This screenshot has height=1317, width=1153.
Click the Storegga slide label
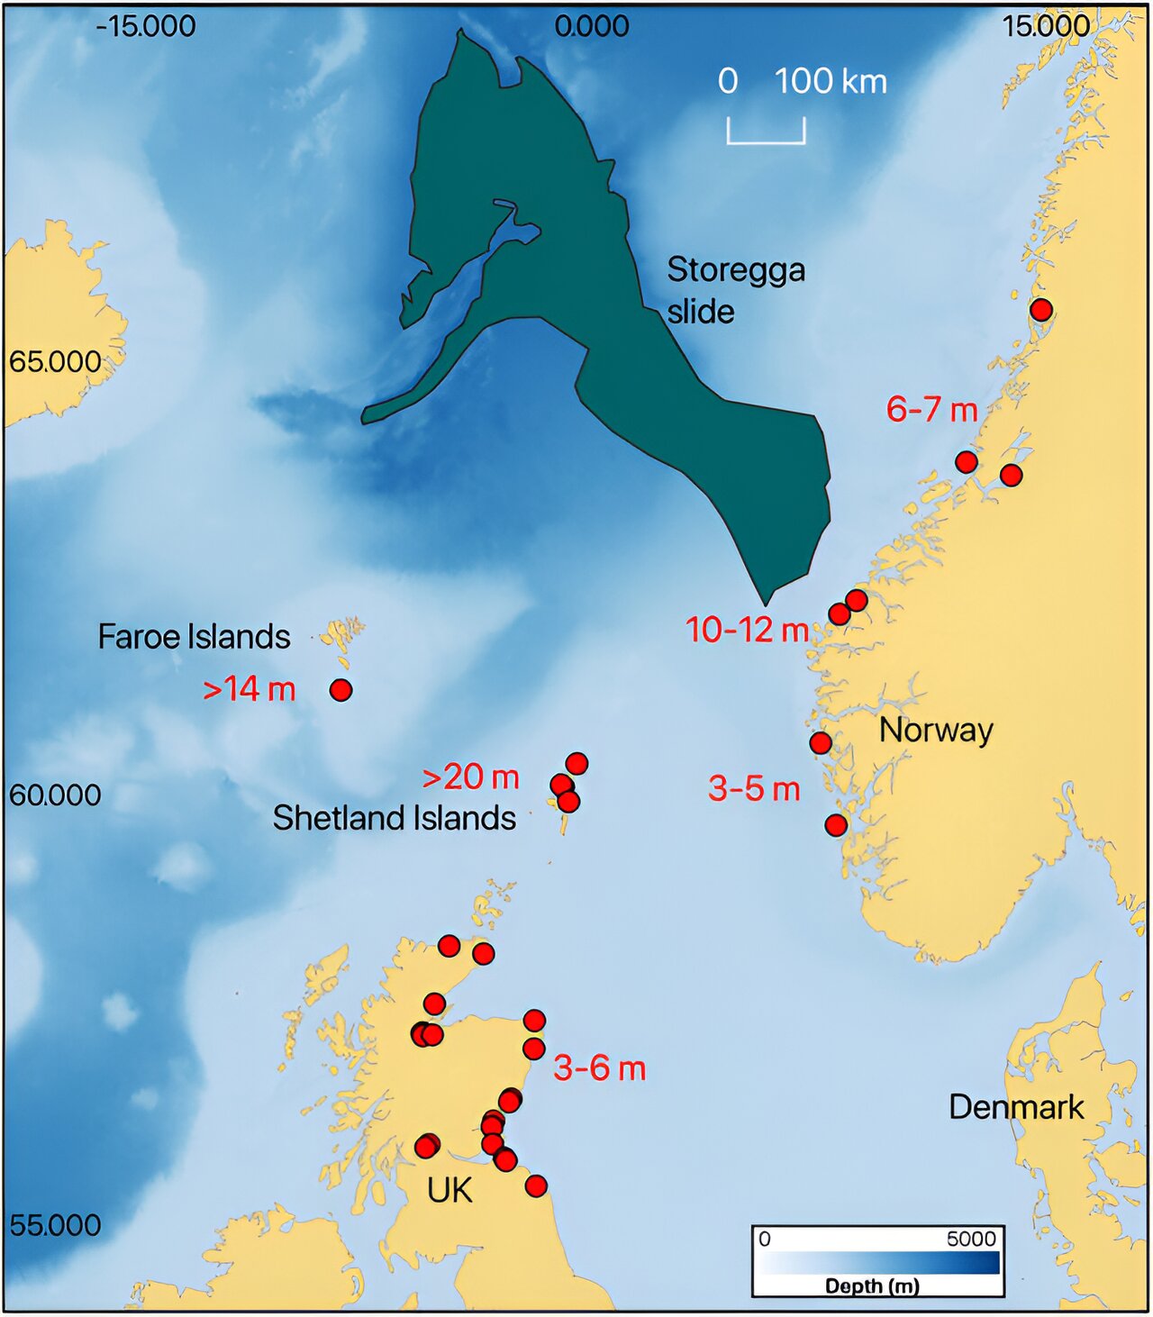(x=735, y=290)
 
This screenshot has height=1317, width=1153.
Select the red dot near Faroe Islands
(x=340, y=690)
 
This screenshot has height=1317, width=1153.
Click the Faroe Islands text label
(x=194, y=637)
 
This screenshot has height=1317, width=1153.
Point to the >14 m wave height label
(x=250, y=689)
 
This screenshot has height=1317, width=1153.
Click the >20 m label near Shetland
(x=470, y=777)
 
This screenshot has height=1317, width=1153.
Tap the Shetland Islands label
(x=395, y=818)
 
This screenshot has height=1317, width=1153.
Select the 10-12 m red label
(x=747, y=630)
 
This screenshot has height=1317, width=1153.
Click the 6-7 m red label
(x=931, y=410)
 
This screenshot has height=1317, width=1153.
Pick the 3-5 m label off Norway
(x=754, y=789)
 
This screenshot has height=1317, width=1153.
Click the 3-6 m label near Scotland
(x=599, y=1068)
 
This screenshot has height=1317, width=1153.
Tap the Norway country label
(x=936, y=730)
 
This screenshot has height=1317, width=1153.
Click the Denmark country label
(x=1016, y=1107)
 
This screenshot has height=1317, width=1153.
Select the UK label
(x=449, y=1191)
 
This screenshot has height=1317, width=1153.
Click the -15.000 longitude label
(x=146, y=26)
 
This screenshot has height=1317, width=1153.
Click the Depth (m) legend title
(x=872, y=1285)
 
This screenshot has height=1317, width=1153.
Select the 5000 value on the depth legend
(x=971, y=1239)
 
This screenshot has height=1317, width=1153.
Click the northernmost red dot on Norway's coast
(x=1041, y=310)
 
